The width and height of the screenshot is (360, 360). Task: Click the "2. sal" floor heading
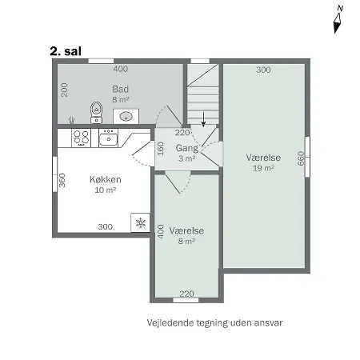pyautogui.click(x=66, y=51)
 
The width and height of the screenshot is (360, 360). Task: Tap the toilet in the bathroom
pyautogui.click(x=96, y=112)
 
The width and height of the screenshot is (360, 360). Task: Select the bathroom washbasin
pyautogui.click(x=126, y=116)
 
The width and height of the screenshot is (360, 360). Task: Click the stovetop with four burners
pyautogui.click(x=81, y=138)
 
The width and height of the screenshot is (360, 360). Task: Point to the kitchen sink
pyautogui.click(x=109, y=138)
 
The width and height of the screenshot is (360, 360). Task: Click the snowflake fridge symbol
pyautogui.click(x=140, y=222)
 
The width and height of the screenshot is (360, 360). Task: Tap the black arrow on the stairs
pyautogui.click(x=203, y=119)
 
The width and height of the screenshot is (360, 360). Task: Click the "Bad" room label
pyautogui.click(x=121, y=89)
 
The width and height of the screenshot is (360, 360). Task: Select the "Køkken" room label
pyautogui.click(x=106, y=179)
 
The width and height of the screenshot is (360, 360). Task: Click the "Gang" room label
pyautogui.click(x=187, y=148)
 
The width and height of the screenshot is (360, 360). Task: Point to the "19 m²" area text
pyautogui.click(x=263, y=168)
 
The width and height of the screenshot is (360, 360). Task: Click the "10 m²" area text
pyautogui.click(x=106, y=190)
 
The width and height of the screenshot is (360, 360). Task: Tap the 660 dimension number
pyautogui.click(x=301, y=158)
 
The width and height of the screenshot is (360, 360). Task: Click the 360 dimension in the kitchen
pyautogui.click(x=62, y=180)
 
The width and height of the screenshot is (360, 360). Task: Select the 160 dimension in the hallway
pyautogui.click(x=160, y=149)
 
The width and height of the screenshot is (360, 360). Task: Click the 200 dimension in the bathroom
pyautogui.click(x=64, y=90)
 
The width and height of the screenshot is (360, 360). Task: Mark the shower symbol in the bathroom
pyautogui.click(x=71, y=120)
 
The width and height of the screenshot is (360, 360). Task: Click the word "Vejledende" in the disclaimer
pyautogui.click(x=170, y=323)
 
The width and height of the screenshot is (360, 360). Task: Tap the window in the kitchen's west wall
pyautogui.click(x=55, y=174)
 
